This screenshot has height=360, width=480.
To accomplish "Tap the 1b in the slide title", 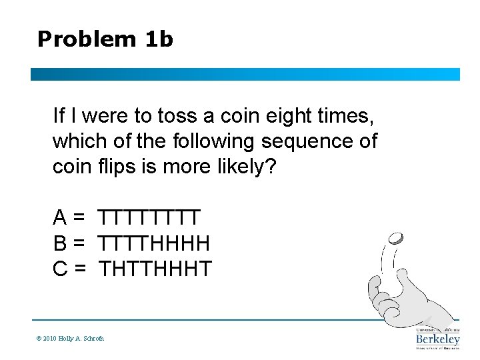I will point(159,39).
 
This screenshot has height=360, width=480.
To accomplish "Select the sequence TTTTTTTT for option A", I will point(151,218).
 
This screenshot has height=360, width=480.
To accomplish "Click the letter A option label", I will point(60,218).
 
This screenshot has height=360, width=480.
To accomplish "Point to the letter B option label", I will point(60,243).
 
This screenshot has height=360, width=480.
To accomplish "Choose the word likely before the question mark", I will point(234,167).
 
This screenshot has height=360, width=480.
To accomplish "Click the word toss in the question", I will point(177,116).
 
